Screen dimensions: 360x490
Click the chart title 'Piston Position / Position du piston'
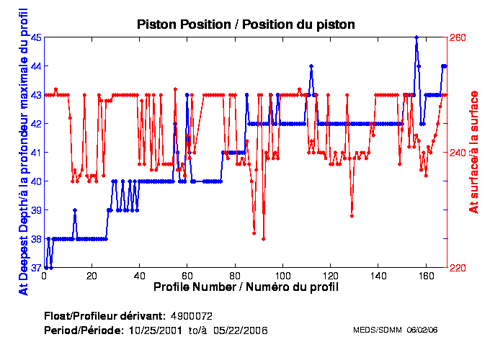point(246,24)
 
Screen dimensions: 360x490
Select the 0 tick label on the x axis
point(44,276)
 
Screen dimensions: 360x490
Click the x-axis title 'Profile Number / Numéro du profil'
point(246,287)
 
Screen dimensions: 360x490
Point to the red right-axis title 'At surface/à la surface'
point(474,152)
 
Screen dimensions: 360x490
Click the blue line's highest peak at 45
point(416,37)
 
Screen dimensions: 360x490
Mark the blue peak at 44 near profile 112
point(311,66)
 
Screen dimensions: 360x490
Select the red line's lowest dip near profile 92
point(263,238)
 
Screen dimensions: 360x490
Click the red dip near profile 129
point(352,215)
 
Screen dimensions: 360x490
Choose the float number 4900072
point(191,316)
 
